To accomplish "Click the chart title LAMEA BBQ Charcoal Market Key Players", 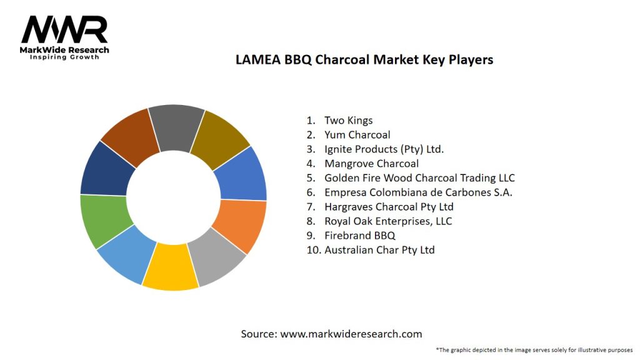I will tap(364, 60).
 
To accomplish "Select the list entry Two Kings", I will tap(348, 120).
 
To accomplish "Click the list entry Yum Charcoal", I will tap(357, 134).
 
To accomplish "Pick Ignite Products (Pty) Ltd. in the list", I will tap(384, 149).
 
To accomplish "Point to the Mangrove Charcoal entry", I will tap(371, 164).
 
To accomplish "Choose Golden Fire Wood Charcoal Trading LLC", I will tap(419, 178).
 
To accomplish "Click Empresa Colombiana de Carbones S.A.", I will tap(418, 192).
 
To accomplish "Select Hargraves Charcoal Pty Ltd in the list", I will tap(389, 206).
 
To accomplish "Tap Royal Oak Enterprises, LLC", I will tap(388, 221).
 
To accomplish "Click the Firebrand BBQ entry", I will tap(359, 236).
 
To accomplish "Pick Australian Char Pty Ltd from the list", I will tap(379, 250).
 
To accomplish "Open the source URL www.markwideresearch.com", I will tap(351, 334).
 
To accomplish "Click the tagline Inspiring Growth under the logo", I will tap(64, 57).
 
